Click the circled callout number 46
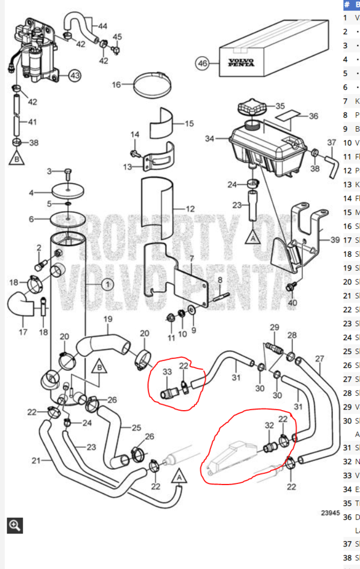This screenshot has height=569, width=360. click(203, 64)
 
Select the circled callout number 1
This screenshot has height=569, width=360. click(107, 284)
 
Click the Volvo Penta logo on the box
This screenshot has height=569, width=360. click(241, 62)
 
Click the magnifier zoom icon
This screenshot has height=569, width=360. click(14, 525)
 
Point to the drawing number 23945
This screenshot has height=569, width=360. click(330, 513)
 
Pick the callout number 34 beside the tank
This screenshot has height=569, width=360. click(209, 139)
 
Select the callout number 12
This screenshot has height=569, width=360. click(190, 209)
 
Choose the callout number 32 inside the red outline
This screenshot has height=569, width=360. click(269, 425)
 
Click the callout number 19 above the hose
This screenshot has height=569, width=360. click(108, 319)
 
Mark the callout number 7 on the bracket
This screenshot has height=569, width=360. click(192, 259)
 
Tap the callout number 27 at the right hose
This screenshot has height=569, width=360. click(319, 358)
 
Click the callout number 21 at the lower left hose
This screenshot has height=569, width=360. click(36, 460)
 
